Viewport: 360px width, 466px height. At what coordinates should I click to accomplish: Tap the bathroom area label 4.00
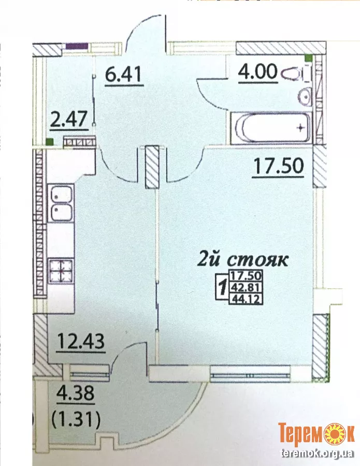(258, 72)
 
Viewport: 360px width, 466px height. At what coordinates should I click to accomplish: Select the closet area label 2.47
(69, 119)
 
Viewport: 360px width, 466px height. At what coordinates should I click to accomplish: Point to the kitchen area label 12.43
(81, 341)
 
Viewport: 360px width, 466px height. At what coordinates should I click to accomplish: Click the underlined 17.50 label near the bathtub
(278, 166)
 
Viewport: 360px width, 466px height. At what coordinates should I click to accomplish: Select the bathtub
(270, 128)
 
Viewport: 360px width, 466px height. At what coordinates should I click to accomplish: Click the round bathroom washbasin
(305, 96)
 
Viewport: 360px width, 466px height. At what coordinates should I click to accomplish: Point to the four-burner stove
(61, 271)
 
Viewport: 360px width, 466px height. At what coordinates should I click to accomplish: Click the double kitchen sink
(61, 203)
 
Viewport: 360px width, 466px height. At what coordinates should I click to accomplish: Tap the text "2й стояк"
(243, 260)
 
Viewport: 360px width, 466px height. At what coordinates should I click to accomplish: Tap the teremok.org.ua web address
(317, 453)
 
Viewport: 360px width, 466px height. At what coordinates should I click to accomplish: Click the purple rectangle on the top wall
(77, 46)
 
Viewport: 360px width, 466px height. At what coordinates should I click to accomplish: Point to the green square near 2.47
(50, 142)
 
